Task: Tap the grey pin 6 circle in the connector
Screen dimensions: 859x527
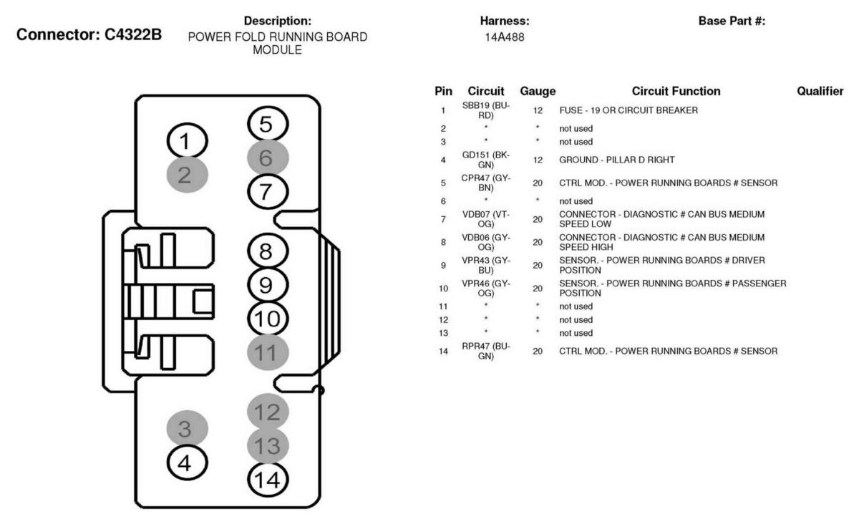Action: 267,158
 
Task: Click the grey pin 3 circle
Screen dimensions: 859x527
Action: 187,428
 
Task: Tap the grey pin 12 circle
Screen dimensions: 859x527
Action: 268,412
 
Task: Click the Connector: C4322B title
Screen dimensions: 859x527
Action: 89,34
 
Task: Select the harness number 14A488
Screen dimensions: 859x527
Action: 504,37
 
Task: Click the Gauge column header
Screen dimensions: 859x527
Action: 538,91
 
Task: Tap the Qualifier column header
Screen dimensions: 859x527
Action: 820,91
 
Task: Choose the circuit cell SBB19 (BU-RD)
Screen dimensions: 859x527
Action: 486,110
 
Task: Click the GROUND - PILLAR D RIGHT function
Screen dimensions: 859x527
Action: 616,160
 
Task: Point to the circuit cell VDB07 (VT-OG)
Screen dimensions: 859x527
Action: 486,219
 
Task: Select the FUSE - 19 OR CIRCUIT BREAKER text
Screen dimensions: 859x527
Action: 629,110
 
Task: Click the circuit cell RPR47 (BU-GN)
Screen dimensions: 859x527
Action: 486,351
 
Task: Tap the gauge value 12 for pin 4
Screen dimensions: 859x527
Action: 538,160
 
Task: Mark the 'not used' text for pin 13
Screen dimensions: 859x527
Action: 576,333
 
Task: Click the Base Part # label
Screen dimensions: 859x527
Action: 732,21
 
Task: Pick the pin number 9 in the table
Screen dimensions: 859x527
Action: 443,266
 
